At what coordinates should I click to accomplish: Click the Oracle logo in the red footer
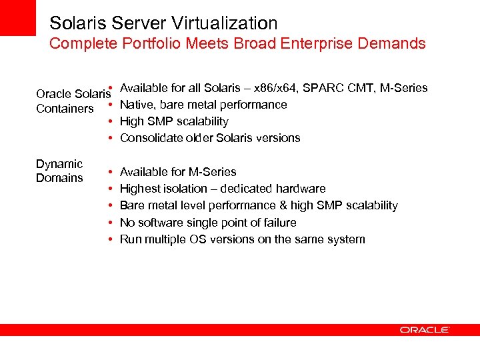[x=425, y=330]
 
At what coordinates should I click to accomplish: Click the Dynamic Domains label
[x=59, y=171]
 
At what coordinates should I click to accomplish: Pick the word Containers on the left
[x=65, y=109]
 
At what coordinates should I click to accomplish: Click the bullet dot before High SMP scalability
[x=109, y=121]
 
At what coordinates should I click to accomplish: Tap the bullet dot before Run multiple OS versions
[x=109, y=239]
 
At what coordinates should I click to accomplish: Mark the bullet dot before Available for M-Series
[x=109, y=172]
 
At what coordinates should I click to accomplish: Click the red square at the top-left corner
[x=17, y=17]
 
